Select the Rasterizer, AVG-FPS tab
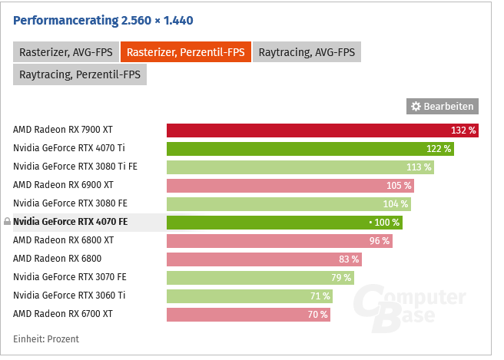(65, 52)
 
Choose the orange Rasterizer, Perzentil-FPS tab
(185, 52)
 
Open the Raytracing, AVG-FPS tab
(307, 52)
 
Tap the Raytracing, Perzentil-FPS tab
(79, 74)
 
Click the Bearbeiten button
(443, 106)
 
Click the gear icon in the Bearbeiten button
(416, 106)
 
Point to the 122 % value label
(439, 148)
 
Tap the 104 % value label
(396, 203)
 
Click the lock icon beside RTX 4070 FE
(7, 222)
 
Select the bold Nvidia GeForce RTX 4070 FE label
(71, 222)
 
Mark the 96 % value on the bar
(380, 240)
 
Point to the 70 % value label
(317, 314)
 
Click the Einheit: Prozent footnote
(46, 339)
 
